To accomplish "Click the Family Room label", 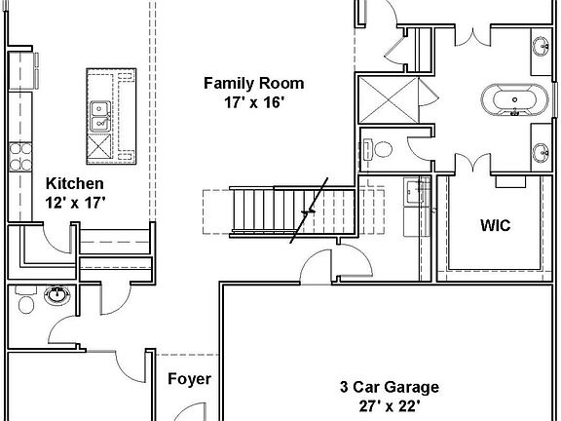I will click(x=253, y=83).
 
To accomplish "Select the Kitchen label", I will click(x=75, y=183).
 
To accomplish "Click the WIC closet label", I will click(x=495, y=225).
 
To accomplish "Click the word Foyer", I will click(x=189, y=379).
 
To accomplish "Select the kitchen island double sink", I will click(x=99, y=117).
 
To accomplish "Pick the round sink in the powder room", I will click(x=56, y=294).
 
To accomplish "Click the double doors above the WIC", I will click(x=474, y=163).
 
